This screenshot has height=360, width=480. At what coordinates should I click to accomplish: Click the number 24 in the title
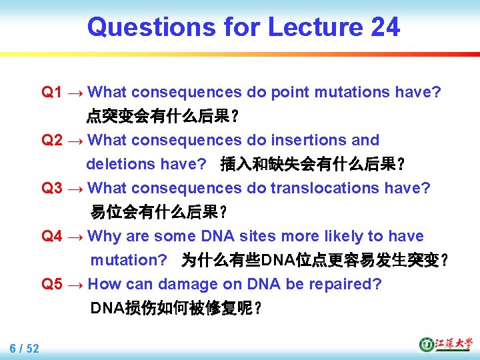(384, 27)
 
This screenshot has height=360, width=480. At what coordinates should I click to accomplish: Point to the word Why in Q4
(103, 236)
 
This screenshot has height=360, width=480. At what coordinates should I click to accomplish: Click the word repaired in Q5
(346, 284)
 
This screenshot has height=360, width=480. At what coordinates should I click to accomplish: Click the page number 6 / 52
(24, 348)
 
